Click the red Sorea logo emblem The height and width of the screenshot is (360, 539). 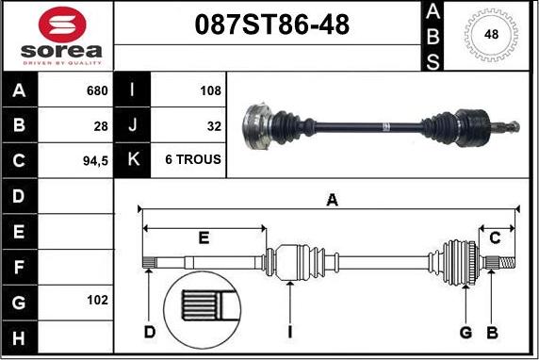[62, 25]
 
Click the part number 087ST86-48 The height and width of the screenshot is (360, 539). [272, 25]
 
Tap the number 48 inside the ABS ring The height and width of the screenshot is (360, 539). [491, 34]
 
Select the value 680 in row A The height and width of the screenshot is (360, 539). [97, 90]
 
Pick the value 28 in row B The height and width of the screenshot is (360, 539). [101, 126]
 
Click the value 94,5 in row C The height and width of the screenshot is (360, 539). [95, 160]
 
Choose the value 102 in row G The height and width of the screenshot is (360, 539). [97, 300]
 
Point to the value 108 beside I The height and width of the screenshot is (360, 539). [210, 90]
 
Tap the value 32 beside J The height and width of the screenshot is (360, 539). [214, 126]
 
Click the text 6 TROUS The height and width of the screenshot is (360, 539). [193, 159]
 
